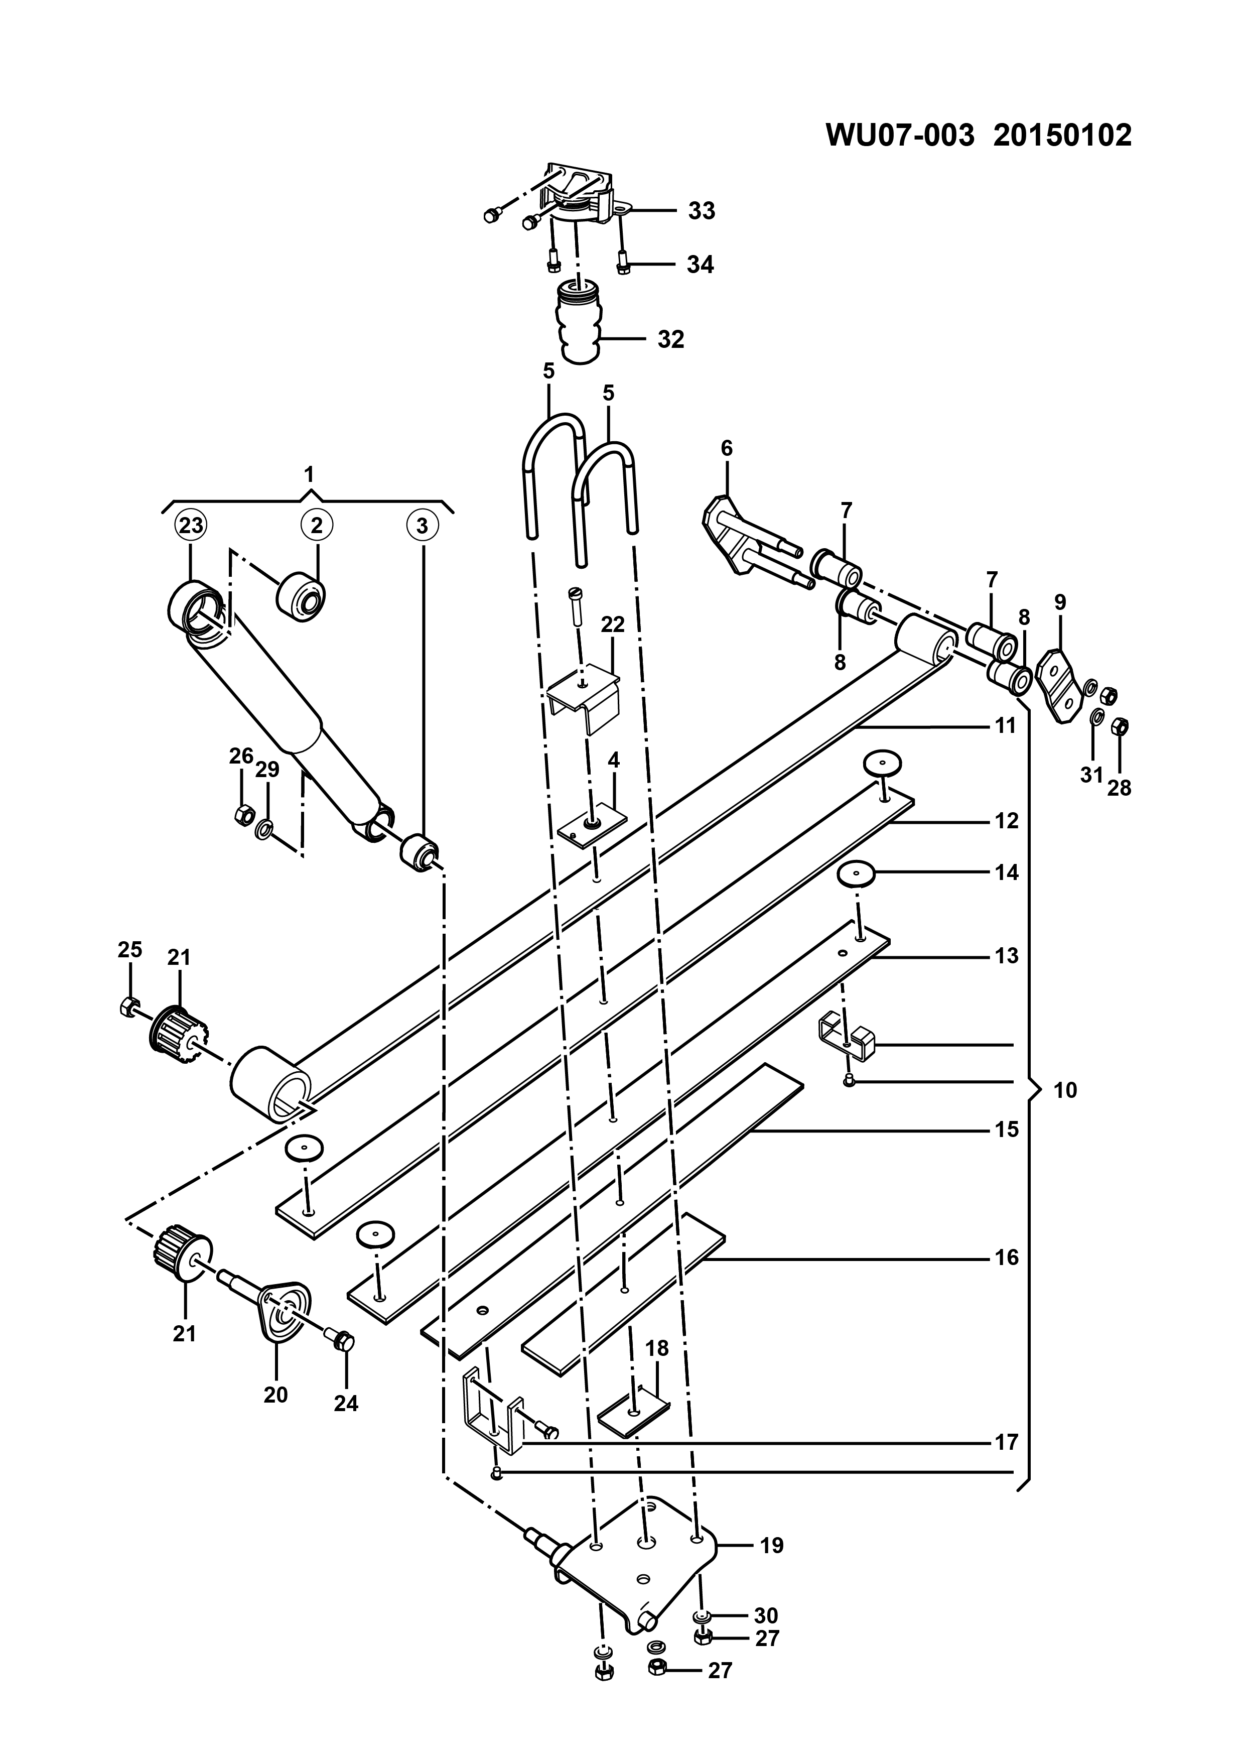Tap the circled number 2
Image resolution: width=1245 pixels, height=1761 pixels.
pyautogui.click(x=317, y=526)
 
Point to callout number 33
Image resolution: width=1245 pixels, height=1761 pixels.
pyautogui.click(x=702, y=210)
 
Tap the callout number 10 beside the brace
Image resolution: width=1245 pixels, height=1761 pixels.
pyautogui.click(x=1066, y=1090)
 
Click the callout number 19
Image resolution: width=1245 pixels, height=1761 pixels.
pyautogui.click(x=771, y=1546)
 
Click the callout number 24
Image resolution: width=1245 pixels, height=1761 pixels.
pyautogui.click(x=346, y=1404)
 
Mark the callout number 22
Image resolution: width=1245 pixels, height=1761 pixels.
pyautogui.click(x=613, y=624)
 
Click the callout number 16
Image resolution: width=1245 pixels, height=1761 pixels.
pyautogui.click(x=1006, y=1258)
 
